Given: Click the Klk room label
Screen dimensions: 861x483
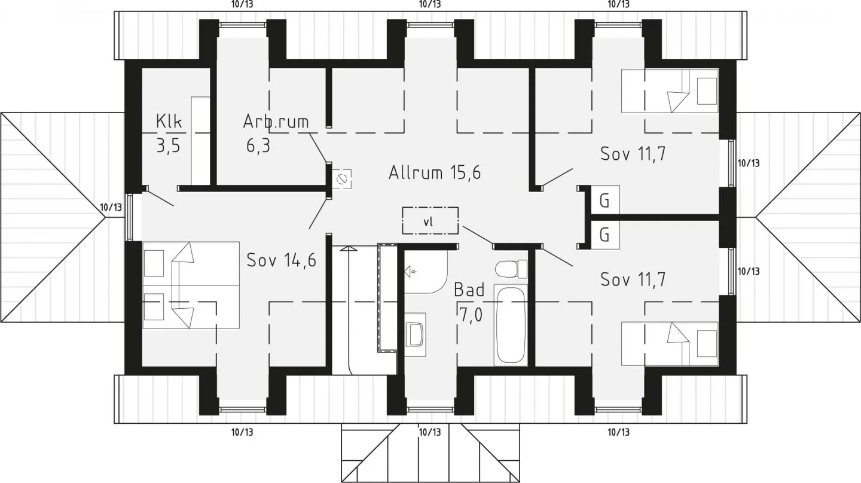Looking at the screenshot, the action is [x=169, y=121].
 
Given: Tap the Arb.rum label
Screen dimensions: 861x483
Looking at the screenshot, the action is [x=276, y=121].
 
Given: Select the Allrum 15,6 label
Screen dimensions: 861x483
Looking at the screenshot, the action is [x=435, y=172].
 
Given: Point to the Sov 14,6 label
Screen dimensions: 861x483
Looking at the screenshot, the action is [x=282, y=260].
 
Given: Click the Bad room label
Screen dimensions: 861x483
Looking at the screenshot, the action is [x=469, y=290].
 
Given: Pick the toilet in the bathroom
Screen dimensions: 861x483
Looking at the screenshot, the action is [x=511, y=269].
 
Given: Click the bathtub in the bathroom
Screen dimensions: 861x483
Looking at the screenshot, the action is [x=511, y=325].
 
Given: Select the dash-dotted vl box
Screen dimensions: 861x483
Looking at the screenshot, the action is [x=430, y=220].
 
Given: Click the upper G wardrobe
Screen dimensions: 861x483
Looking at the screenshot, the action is [x=604, y=200].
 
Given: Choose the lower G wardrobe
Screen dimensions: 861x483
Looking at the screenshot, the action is [x=604, y=235].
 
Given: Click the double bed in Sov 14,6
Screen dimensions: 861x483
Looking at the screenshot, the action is [x=191, y=285].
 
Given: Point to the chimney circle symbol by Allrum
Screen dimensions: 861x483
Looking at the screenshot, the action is [x=341, y=180].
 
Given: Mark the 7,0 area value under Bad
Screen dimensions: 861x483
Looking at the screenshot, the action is [x=470, y=315].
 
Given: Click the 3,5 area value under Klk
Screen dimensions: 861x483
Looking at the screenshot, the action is [x=169, y=146].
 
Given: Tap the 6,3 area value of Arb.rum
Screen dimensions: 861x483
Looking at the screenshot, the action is [x=258, y=146].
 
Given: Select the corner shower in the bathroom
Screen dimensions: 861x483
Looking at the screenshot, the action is [x=426, y=272].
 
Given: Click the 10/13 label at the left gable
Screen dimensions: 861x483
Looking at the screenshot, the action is [x=111, y=208].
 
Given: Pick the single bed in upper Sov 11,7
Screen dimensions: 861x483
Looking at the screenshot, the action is [x=670, y=91].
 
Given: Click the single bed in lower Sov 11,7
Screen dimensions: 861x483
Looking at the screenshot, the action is [x=670, y=344].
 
